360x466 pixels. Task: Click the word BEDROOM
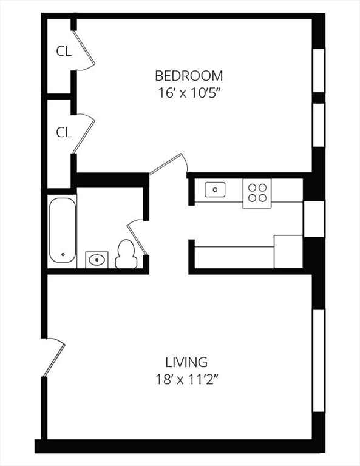pyautogui.click(x=189, y=76)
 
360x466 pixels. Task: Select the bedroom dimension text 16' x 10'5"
pyautogui.click(x=189, y=93)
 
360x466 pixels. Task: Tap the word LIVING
pyautogui.click(x=186, y=362)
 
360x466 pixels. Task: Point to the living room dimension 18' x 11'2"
pyautogui.click(x=186, y=380)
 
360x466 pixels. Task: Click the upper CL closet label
pyautogui.click(x=64, y=52)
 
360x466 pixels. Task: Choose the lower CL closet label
pyautogui.click(x=64, y=132)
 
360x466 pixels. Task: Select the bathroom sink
pyautogui.click(x=96, y=260)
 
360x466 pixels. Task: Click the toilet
pyautogui.click(x=126, y=254)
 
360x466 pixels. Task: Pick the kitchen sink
pyautogui.click(x=215, y=190)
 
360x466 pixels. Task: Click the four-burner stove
pyautogui.click(x=257, y=192)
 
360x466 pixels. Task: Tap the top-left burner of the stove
pyautogui.click(x=252, y=187)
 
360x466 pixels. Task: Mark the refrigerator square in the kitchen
pyautogui.click(x=288, y=251)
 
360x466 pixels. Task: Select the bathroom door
pyautogui.click(x=137, y=238)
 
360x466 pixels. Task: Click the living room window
pyautogui.click(x=318, y=360)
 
